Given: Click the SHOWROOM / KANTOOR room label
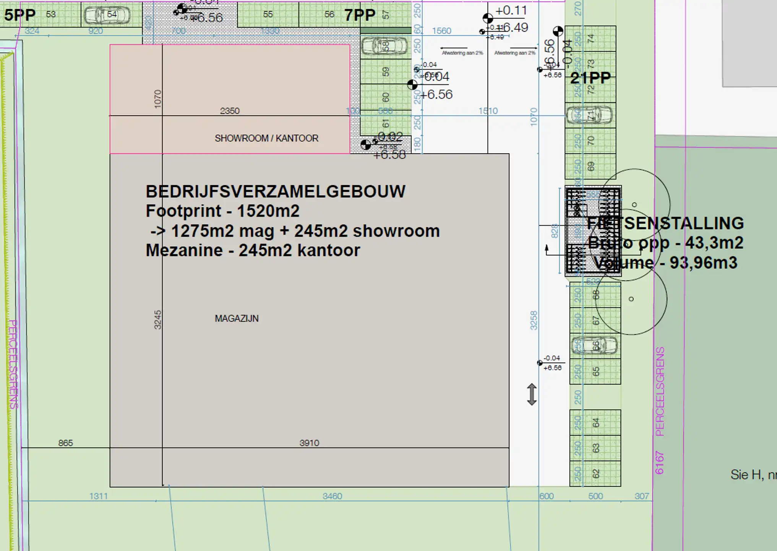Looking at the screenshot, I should pyautogui.click(x=266, y=138).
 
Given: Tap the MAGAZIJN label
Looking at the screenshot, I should pyautogui.click(x=237, y=318).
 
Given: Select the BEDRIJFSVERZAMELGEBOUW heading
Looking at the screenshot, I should pyautogui.click(x=275, y=191).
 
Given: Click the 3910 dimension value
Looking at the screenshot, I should pyautogui.click(x=309, y=443).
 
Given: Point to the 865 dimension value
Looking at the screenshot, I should pyautogui.click(x=65, y=443).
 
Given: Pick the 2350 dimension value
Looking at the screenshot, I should pyautogui.click(x=230, y=111).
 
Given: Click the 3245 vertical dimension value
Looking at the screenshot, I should pyautogui.click(x=157, y=320).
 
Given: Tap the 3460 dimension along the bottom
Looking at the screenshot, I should pyautogui.click(x=332, y=496).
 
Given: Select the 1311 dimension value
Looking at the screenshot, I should pyautogui.click(x=99, y=496).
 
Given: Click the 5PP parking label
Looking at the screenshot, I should pyautogui.click(x=20, y=15).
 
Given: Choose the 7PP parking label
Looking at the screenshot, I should pyautogui.click(x=360, y=15).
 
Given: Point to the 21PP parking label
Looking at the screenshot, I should pyautogui.click(x=590, y=78).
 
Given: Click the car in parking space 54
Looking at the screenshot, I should pyautogui.click(x=107, y=15).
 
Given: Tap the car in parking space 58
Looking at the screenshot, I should pyautogui.click(x=384, y=46).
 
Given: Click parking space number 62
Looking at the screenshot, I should pyautogui.click(x=595, y=474).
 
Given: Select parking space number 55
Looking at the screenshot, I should pyautogui.click(x=268, y=15).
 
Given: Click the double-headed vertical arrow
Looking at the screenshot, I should pyautogui.click(x=532, y=394).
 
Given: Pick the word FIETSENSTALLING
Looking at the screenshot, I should pyautogui.click(x=665, y=223).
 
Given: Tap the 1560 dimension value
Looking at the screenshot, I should pyautogui.click(x=441, y=31).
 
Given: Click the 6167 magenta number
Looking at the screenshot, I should pyautogui.click(x=659, y=463).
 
